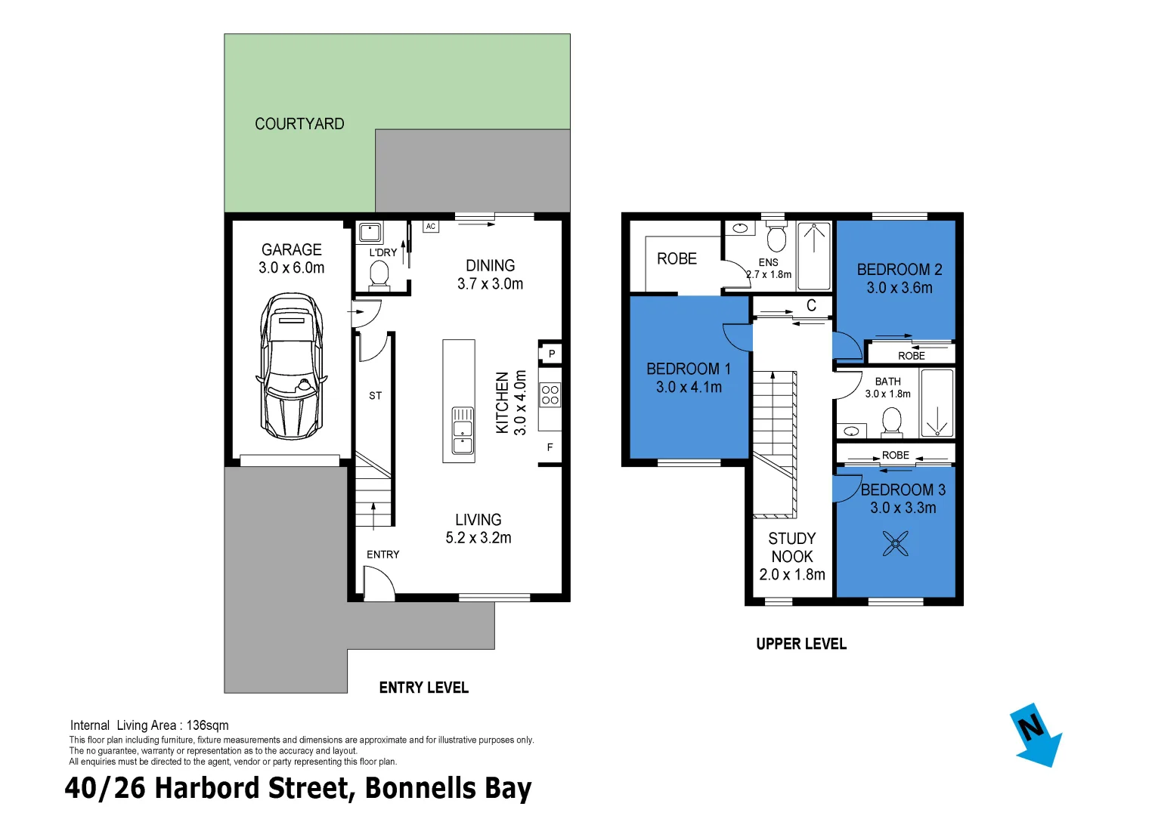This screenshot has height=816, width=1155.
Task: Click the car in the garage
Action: [291, 367]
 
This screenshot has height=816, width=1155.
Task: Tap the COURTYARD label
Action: [299, 124]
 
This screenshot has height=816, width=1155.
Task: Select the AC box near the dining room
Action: [430, 227]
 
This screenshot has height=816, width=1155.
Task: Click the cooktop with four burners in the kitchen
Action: [550, 395]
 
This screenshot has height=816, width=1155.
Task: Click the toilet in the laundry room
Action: [379, 274]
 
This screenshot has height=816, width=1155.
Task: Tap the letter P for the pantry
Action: [552, 354]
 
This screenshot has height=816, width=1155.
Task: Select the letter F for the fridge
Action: [550, 447]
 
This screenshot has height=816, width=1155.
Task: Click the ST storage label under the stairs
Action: [376, 396]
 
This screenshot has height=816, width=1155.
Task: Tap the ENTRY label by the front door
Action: [383, 555]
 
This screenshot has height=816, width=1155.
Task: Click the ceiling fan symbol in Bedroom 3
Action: [896, 543]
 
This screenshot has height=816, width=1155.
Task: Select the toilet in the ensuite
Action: [776, 237]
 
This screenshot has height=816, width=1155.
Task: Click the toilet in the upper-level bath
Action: [892, 422]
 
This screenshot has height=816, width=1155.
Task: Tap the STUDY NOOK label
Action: [792, 548]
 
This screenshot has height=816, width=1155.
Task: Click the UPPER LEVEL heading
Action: [801, 644]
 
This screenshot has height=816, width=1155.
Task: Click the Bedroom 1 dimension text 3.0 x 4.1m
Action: [689, 388]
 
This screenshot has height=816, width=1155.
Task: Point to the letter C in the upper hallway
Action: [811, 306]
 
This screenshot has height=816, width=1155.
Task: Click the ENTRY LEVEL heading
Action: [423, 688]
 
